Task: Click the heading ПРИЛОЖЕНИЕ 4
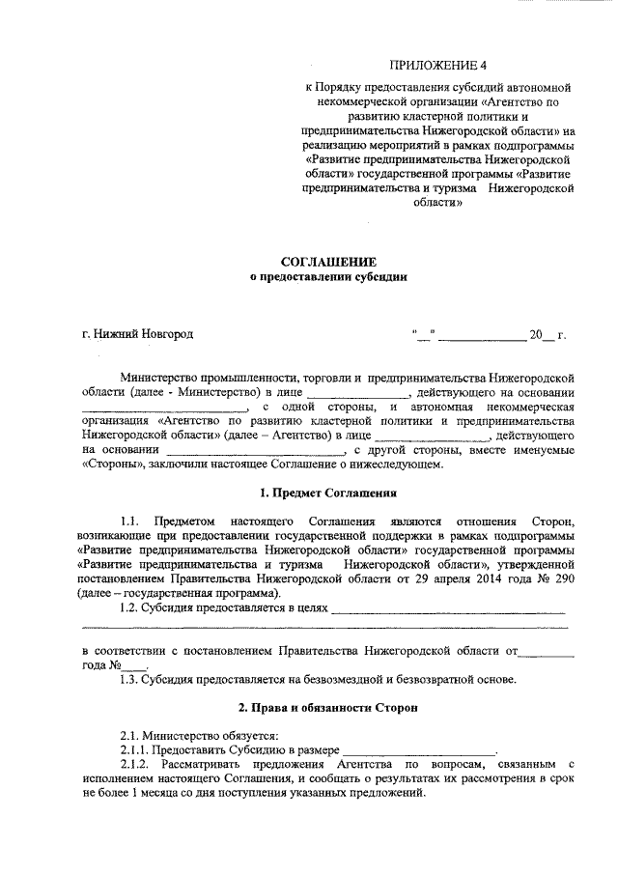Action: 435,66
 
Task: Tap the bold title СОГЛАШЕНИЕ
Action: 328,262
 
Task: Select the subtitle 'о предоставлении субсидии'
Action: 328,277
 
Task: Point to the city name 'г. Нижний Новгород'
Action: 138,335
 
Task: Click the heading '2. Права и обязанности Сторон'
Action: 328,709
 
